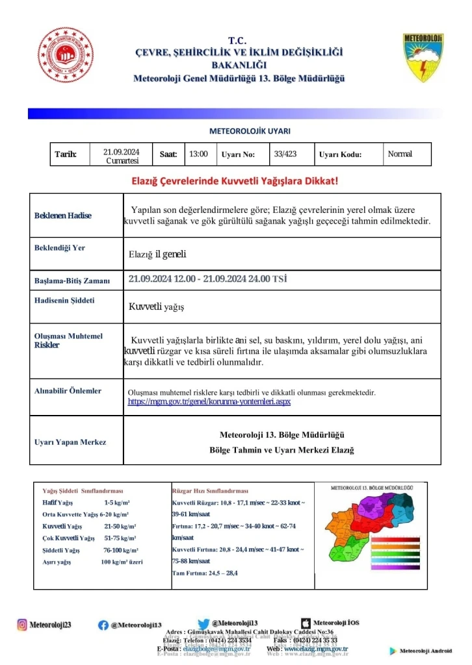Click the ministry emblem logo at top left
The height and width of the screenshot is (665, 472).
(x=65, y=55)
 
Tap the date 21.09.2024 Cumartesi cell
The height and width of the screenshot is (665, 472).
(x=122, y=156)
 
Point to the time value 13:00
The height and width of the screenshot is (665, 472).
(x=198, y=154)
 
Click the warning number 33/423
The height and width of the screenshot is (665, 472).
(x=285, y=154)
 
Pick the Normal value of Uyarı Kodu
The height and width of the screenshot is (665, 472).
(x=400, y=154)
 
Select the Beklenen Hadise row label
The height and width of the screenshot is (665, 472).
(x=63, y=216)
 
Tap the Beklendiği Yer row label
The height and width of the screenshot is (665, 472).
(x=60, y=248)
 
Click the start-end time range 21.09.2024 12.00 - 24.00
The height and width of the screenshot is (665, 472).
(x=207, y=279)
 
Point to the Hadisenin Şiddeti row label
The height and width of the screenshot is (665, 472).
(x=64, y=301)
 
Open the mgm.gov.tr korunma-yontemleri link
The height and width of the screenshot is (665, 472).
(x=209, y=402)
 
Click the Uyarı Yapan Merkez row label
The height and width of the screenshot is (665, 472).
(x=70, y=442)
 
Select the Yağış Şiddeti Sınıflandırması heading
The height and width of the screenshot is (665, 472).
(x=83, y=491)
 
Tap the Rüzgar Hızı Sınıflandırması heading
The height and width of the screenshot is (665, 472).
(x=210, y=491)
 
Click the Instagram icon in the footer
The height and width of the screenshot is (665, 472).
(x=22, y=625)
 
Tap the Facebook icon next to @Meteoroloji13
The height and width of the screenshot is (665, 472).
(x=103, y=625)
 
